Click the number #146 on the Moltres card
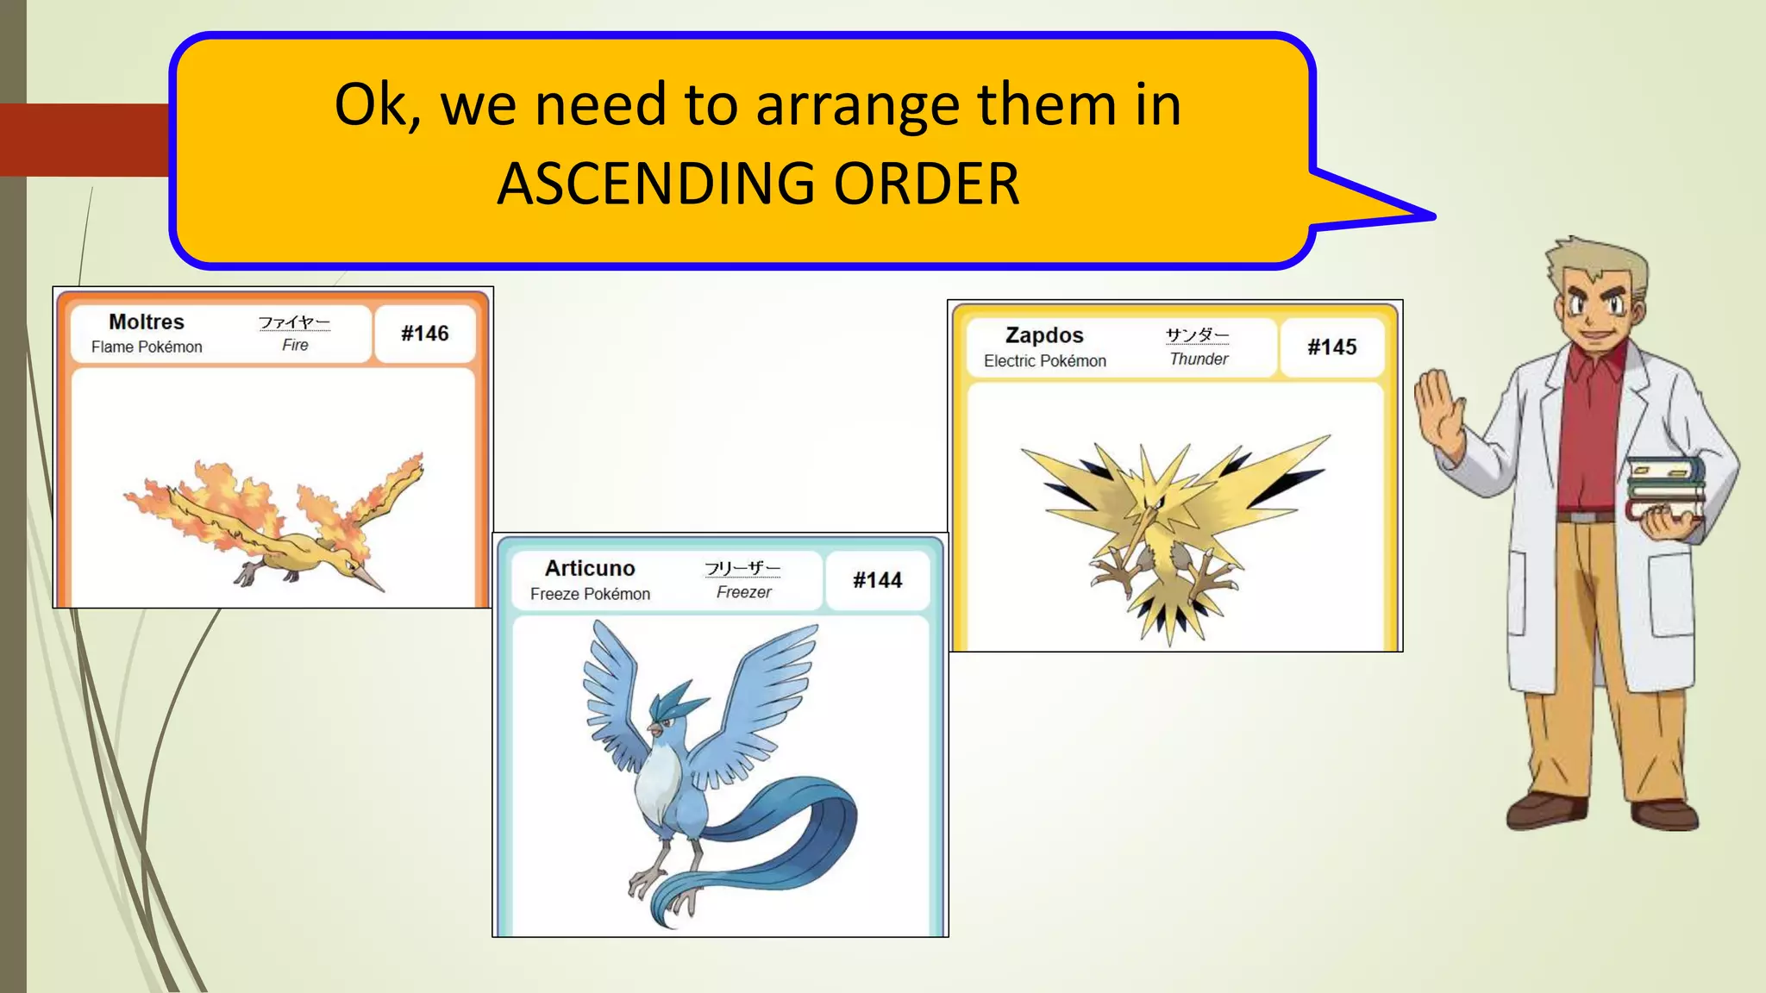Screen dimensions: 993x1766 (x=424, y=334)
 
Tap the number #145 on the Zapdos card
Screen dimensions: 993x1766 (x=1331, y=347)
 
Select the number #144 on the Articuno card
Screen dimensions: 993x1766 (x=877, y=580)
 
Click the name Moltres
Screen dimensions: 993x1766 (x=147, y=322)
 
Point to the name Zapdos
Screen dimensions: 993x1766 (x=1044, y=335)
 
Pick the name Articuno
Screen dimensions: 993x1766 (x=590, y=568)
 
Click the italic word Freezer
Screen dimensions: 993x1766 (x=743, y=592)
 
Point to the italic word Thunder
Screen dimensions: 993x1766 (x=1199, y=359)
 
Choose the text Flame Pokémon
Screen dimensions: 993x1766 (x=147, y=347)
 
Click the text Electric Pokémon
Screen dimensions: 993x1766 (x=1044, y=360)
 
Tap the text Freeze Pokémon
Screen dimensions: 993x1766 (x=590, y=594)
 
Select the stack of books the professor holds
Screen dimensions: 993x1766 (x=1664, y=487)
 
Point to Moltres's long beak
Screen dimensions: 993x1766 (x=369, y=579)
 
